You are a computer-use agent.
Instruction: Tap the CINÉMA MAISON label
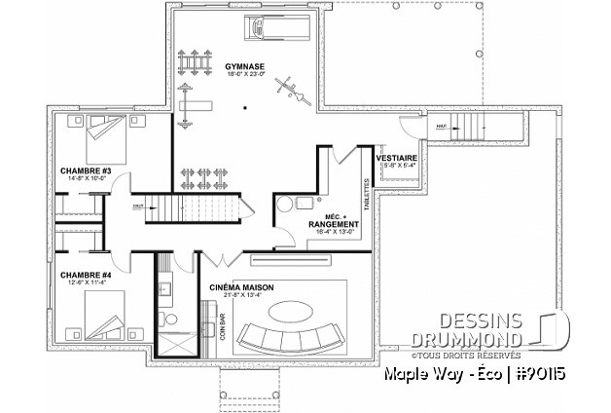[242, 289]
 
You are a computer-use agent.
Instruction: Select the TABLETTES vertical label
[365, 194]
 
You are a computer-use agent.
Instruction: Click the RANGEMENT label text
[332, 223]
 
